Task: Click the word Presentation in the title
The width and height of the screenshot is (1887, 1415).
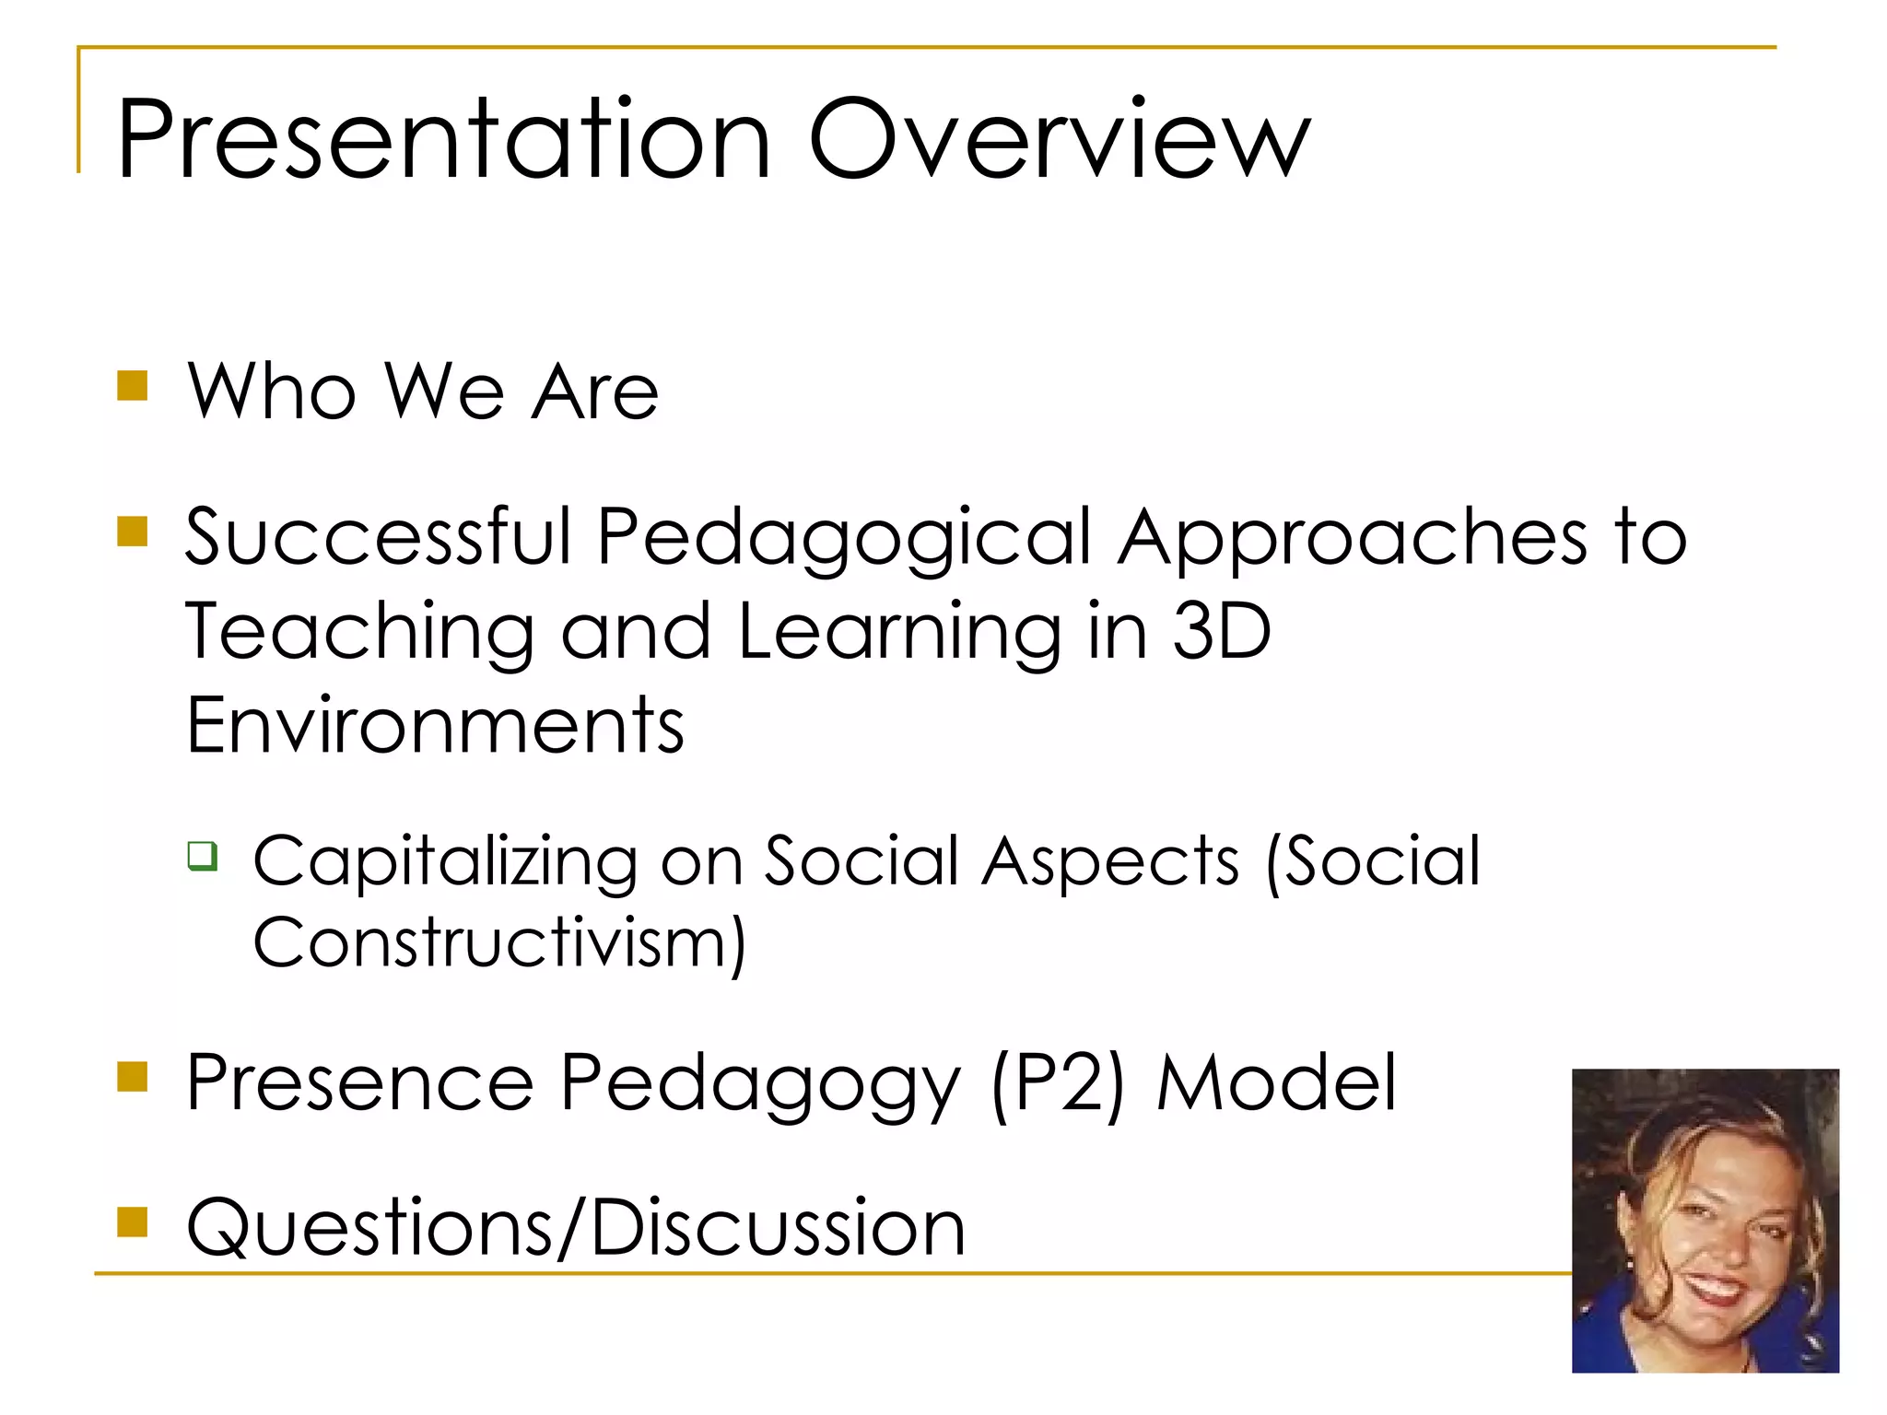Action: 443,140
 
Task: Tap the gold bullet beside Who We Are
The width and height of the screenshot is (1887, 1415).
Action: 133,386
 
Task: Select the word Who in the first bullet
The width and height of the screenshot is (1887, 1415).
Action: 272,392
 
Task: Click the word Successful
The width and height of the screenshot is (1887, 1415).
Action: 379,536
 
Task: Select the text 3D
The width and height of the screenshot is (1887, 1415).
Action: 1221,632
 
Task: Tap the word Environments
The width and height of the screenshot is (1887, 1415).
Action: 435,726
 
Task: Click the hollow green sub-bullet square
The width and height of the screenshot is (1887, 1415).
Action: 203,856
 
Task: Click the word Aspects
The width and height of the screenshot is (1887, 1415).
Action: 1110,862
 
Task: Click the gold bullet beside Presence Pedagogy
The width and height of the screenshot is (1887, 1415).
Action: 133,1076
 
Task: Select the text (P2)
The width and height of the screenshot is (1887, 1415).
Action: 1058,1084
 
